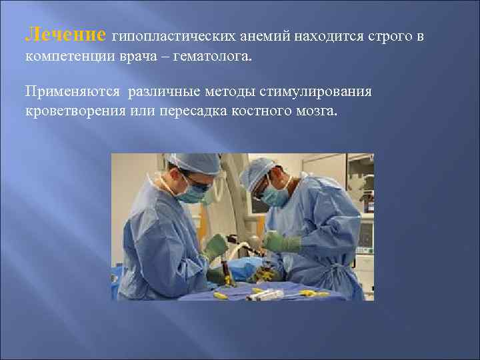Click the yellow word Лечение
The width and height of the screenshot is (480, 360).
65,34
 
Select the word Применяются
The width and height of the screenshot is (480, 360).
70,91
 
